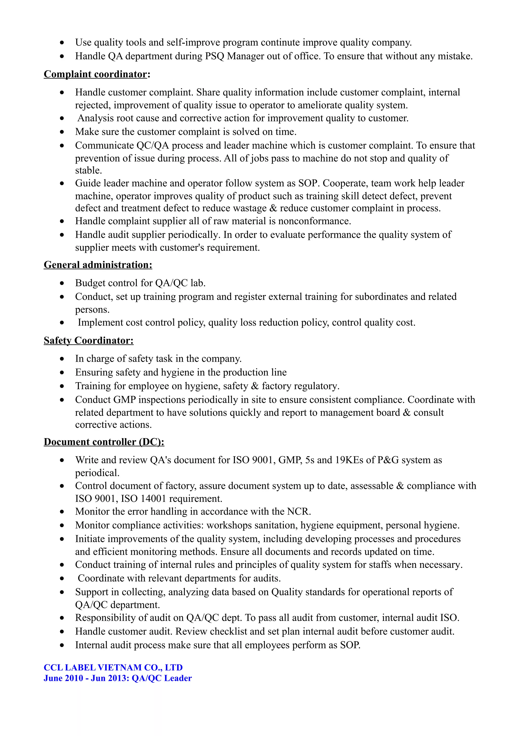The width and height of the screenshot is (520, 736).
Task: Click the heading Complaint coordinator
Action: click(x=97, y=74)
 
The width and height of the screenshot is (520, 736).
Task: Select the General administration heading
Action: click(x=98, y=265)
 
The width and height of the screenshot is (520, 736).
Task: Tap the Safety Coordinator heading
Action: click(x=88, y=340)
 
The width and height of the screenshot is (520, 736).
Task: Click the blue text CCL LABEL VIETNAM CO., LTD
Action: click(x=113, y=667)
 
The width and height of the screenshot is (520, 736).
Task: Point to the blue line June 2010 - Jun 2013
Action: click(x=118, y=678)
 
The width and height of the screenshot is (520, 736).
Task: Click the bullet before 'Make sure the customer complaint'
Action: click(x=62, y=132)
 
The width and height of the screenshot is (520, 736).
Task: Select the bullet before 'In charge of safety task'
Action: click(x=62, y=359)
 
